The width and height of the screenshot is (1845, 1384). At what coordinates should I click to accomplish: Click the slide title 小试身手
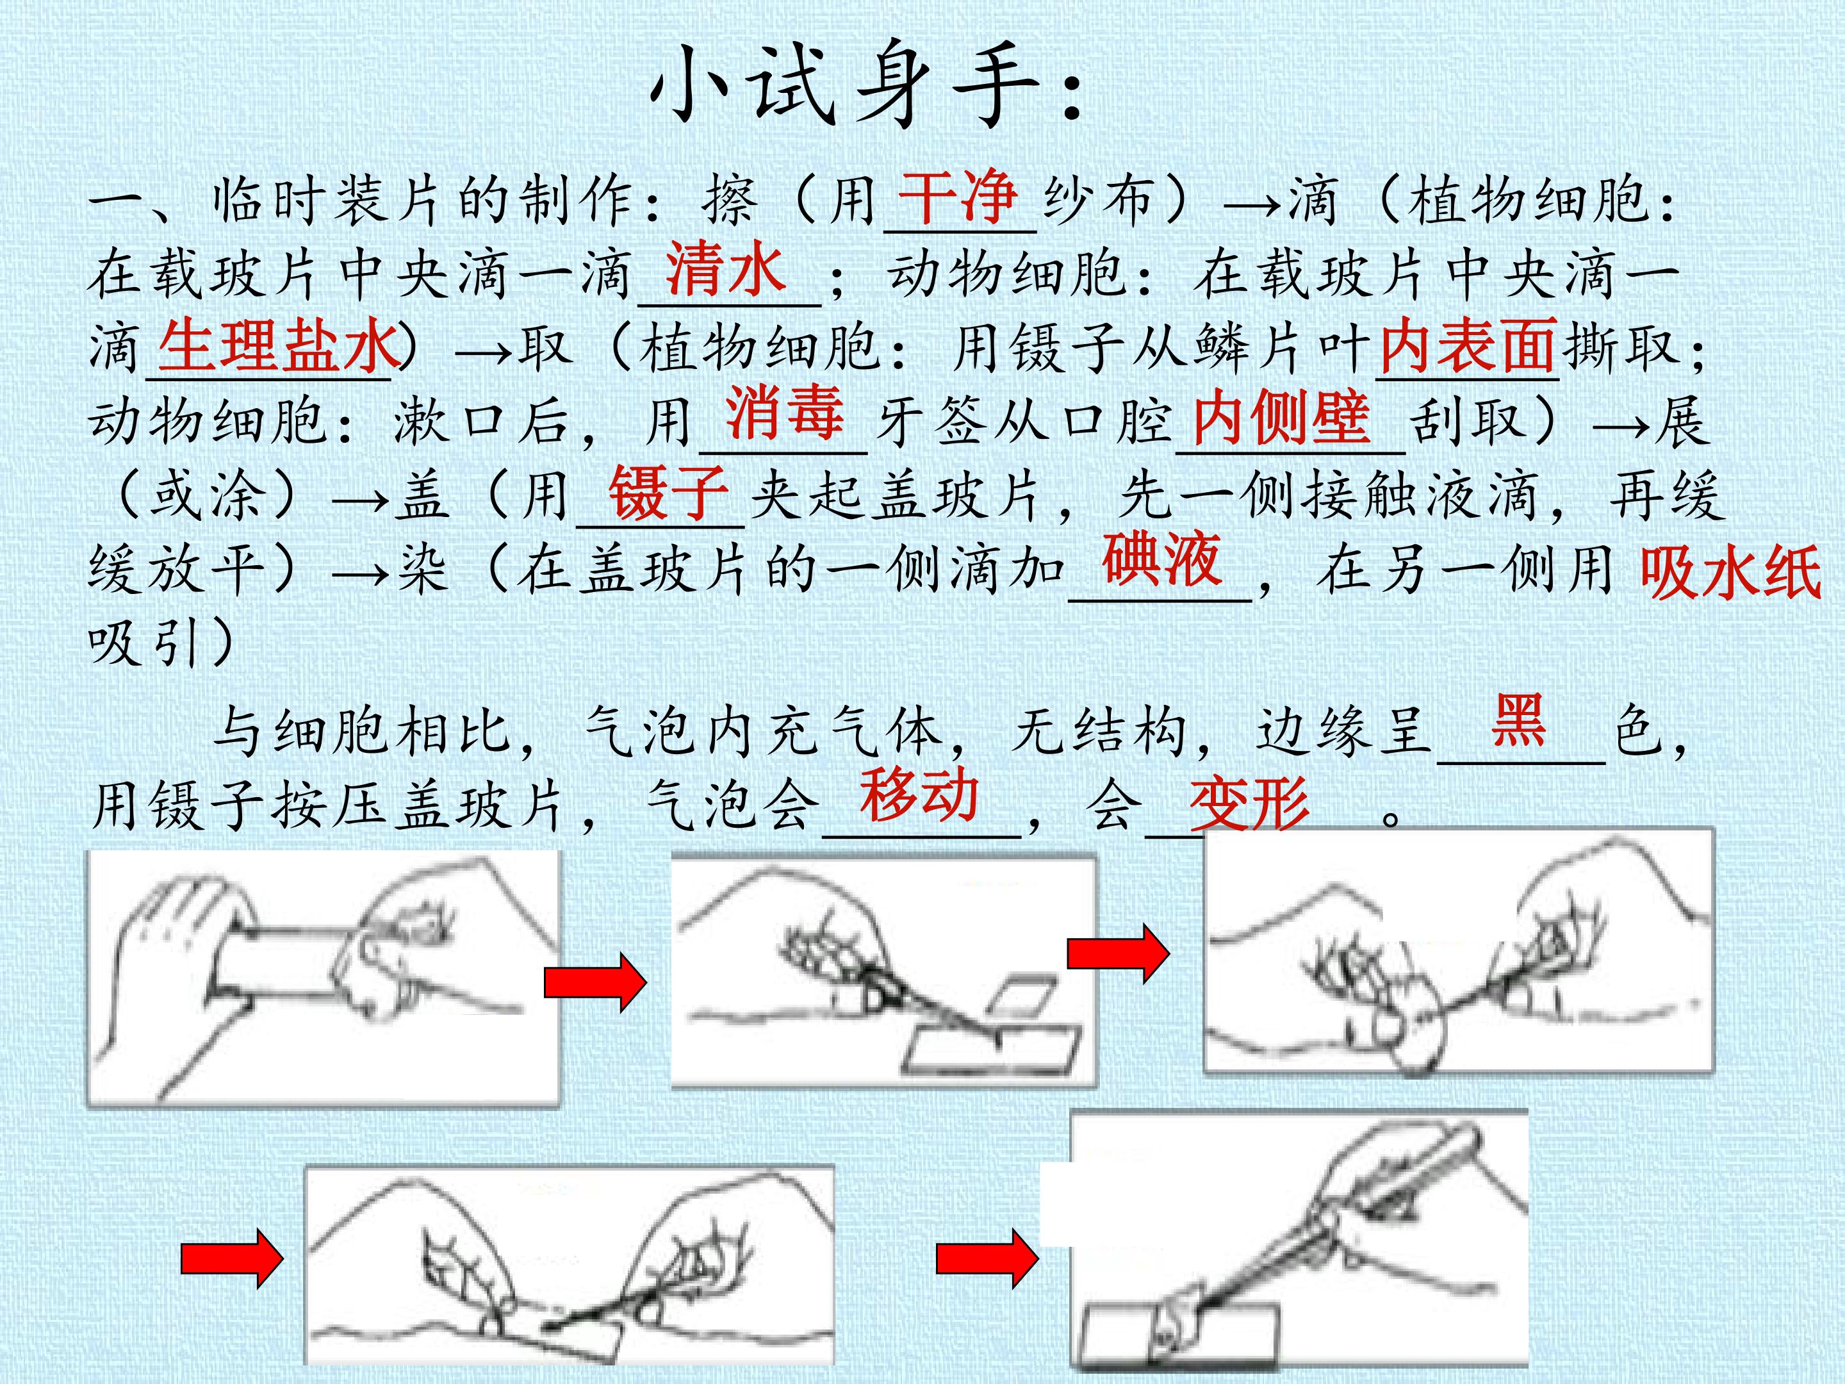point(867,83)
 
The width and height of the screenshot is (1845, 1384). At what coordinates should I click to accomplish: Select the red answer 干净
point(958,197)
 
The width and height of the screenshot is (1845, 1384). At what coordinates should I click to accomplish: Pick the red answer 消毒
point(784,412)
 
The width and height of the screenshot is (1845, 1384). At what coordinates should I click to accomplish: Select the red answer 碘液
point(1162,559)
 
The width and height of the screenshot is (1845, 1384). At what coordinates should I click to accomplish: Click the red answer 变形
point(1249,804)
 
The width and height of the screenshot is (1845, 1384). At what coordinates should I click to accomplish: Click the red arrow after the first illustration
point(594,984)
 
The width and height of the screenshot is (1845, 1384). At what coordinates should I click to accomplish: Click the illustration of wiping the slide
point(324,978)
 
